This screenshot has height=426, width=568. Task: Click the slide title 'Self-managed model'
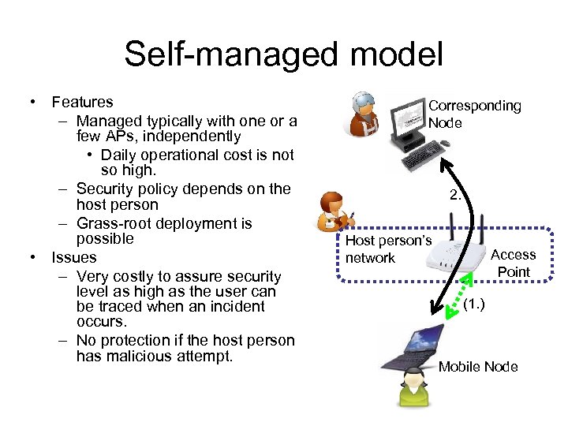coord(283,54)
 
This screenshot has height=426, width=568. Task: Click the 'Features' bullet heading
coord(82,102)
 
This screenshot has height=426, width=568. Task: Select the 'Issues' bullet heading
coord(73,257)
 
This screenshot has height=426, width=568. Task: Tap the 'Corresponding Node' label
coord(474,114)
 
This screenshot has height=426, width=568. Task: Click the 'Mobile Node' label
coord(478,366)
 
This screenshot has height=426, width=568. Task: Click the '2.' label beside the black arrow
coord(456,195)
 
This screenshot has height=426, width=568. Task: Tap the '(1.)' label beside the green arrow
coord(474,304)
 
